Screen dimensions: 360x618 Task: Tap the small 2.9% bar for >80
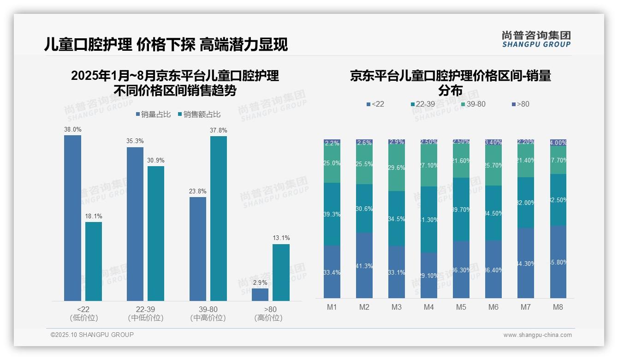(260, 294)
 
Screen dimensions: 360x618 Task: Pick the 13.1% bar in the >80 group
(281, 272)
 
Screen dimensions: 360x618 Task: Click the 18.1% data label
(94, 216)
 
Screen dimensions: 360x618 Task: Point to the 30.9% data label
(156, 160)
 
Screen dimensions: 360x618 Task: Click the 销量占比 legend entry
(154, 114)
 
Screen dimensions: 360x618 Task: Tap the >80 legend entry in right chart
(520, 104)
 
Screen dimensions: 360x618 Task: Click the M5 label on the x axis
(461, 307)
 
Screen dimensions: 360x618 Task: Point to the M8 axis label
(558, 307)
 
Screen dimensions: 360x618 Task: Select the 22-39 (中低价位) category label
(146, 313)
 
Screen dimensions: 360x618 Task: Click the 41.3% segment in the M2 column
(364, 265)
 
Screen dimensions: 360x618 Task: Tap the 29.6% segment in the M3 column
(397, 168)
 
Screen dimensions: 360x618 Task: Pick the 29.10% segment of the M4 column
(429, 275)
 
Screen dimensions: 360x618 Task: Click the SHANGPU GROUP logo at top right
(536, 39)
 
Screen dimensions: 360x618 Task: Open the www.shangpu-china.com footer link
(537, 335)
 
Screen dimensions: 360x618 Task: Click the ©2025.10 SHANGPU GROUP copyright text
(92, 335)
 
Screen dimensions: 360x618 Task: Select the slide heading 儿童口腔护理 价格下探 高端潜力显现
(166, 44)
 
